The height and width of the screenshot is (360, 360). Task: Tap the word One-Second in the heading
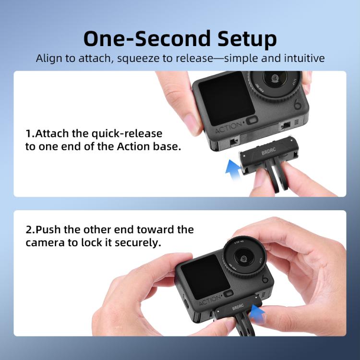(x=147, y=38)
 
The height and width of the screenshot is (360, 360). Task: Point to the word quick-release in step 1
(x=127, y=134)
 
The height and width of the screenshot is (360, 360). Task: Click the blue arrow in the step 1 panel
(x=233, y=169)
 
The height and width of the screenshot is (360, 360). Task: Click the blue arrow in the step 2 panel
(x=257, y=312)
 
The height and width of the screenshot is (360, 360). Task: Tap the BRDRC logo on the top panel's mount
(x=269, y=152)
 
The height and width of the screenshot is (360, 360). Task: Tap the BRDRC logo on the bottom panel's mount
(x=238, y=307)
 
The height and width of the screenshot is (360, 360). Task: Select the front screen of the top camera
(x=226, y=99)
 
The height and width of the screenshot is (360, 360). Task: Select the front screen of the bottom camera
(x=205, y=277)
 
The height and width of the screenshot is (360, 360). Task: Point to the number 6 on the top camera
(x=297, y=105)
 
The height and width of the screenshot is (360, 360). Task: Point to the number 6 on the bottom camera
(x=265, y=279)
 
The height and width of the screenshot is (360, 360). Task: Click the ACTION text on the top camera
(x=228, y=128)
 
